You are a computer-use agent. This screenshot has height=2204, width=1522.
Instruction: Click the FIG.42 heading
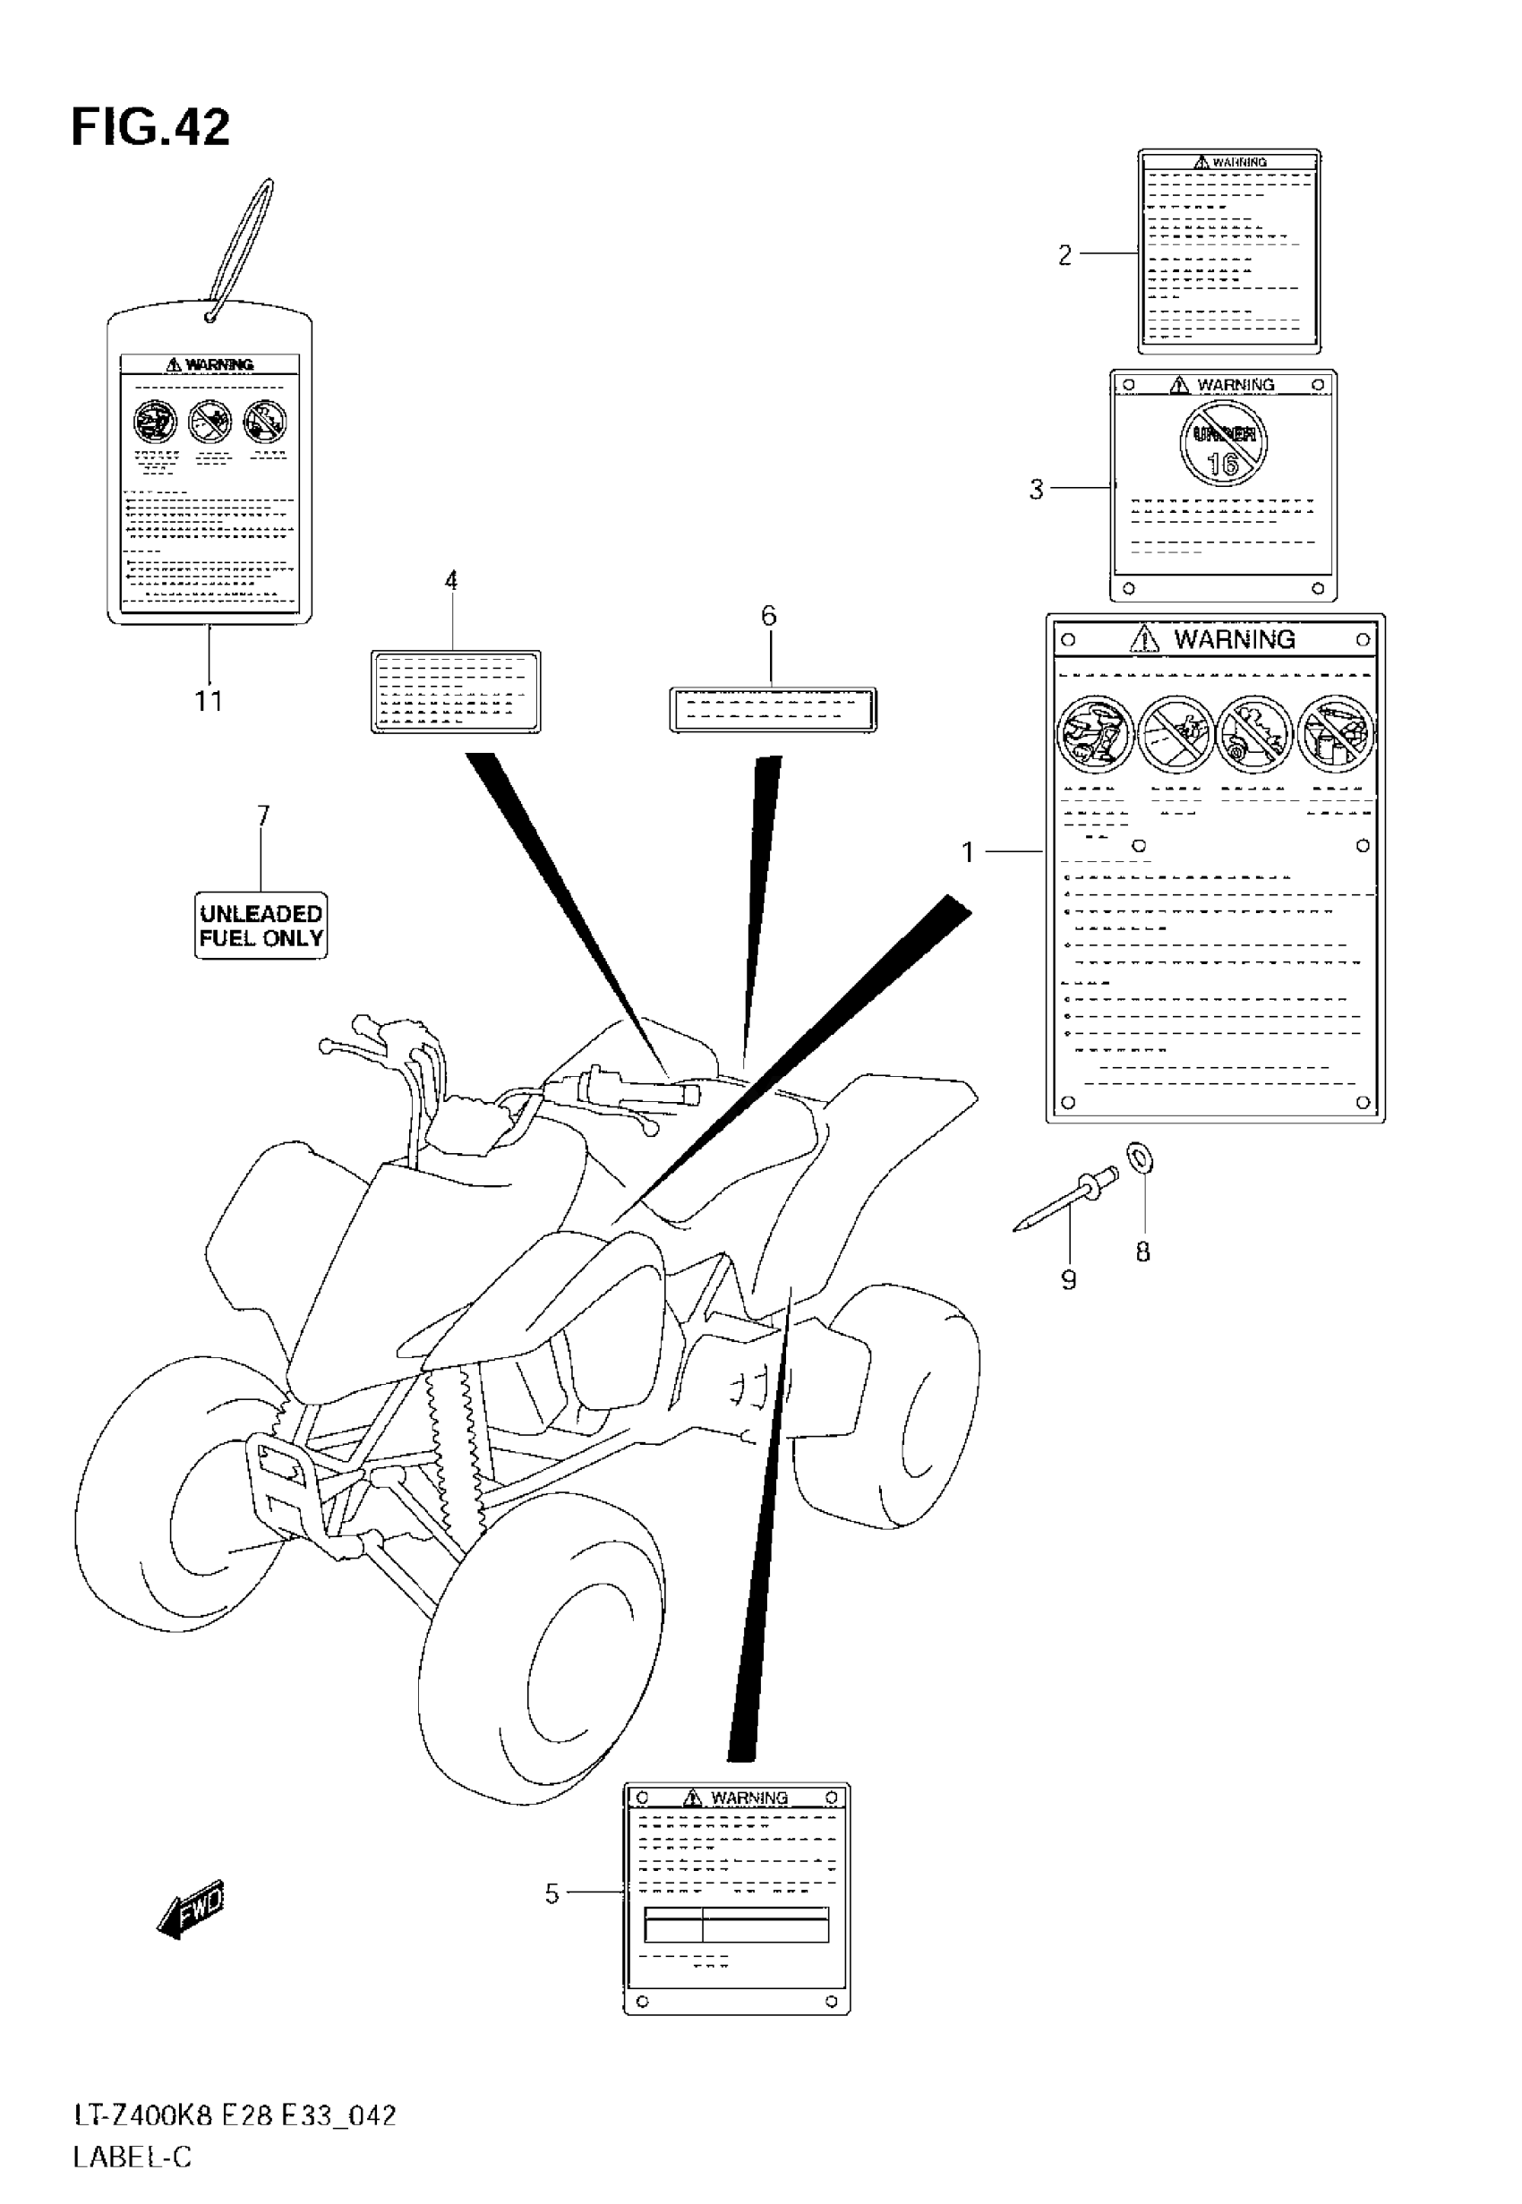coord(150,128)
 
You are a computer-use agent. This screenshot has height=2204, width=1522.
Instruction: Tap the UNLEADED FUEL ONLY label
coord(261,926)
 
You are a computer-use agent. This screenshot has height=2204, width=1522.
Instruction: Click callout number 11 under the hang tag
coord(209,702)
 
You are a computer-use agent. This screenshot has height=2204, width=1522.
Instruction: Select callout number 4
coord(451,581)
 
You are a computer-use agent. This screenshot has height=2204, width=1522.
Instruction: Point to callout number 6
coord(769,616)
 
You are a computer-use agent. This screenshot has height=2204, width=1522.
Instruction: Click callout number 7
coord(263,815)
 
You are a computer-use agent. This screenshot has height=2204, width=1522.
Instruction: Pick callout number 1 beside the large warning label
coord(968,851)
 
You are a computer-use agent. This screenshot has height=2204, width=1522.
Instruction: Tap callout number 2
coord(1065,254)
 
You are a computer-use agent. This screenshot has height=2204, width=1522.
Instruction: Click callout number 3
coord(1037,489)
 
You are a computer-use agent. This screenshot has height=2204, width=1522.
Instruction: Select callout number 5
coord(552,1893)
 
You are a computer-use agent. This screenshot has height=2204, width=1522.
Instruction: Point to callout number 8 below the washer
coord(1142,1251)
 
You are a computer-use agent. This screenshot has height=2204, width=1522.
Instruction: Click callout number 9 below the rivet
coord(1068,1279)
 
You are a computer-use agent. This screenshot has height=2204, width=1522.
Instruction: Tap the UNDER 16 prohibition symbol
coord(1224,445)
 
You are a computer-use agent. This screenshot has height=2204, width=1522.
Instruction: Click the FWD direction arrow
coord(192,1908)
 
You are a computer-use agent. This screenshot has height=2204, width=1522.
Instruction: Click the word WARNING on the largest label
coord(1234,640)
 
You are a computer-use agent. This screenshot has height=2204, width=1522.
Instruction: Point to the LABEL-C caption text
coord(133,2157)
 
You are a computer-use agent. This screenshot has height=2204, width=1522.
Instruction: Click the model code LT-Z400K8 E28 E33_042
coord(235,2115)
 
